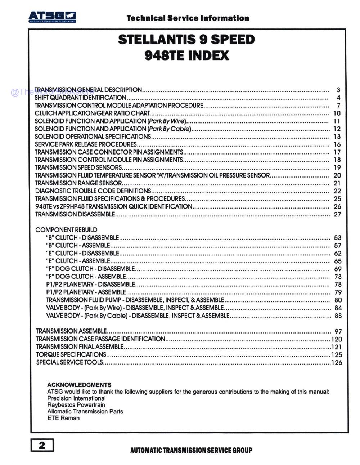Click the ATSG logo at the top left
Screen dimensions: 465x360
click(52, 17)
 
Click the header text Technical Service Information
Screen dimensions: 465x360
click(188, 18)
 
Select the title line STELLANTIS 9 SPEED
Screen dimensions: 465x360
click(186, 39)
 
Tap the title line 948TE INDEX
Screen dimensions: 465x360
click(186, 55)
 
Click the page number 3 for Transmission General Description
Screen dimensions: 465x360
click(338, 90)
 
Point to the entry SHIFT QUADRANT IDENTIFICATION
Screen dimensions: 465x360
click(80, 98)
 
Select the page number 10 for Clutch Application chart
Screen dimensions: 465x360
click(337, 113)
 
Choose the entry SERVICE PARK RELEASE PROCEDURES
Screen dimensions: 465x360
click(86, 144)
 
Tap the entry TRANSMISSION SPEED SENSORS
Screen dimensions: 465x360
click(78, 167)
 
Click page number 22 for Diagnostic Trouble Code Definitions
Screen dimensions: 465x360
click(337, 191)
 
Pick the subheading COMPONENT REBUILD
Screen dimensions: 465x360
click(66, 230)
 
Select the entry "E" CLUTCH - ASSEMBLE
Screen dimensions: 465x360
click(78, 261)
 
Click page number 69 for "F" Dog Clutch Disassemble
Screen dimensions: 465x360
click(338, 269)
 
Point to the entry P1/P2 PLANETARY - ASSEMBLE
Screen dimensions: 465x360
click(86, 292)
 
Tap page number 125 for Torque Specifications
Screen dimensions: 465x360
click(337, 355)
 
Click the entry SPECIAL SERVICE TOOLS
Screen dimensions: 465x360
click(69, 362)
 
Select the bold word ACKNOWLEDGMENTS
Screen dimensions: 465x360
click(79, 385)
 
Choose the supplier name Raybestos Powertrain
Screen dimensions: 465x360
click(76, 405)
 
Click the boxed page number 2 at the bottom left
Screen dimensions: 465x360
click(42, 445)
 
